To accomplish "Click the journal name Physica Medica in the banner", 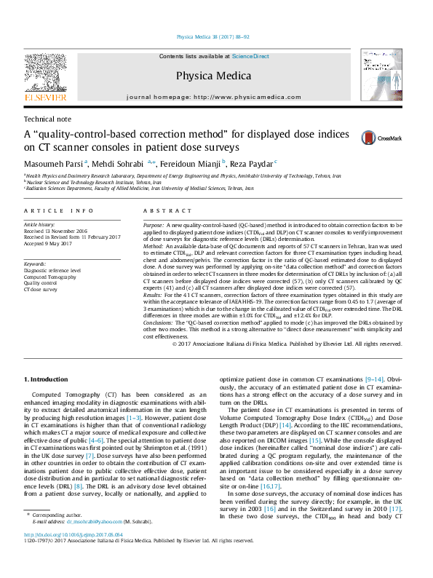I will [x=214, y=75].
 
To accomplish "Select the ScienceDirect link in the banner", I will [x=250, y=56].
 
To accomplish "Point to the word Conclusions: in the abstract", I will [x=162, y=322].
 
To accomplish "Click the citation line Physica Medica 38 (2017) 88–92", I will [x=213, y=36].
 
